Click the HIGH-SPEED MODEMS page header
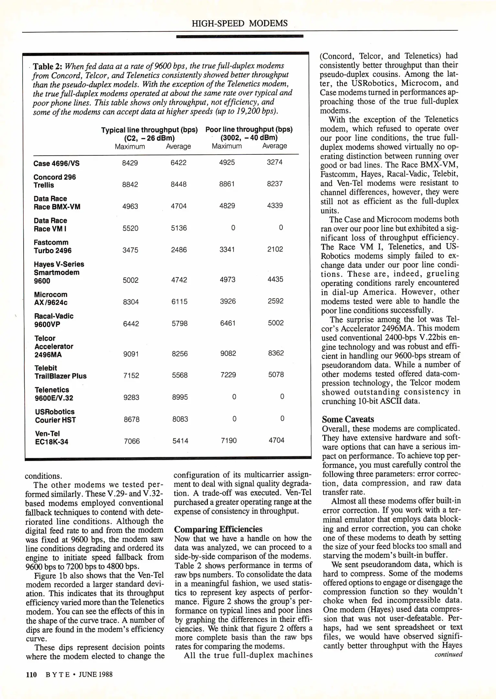(x=240, y=23)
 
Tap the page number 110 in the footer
(x=31, y=674)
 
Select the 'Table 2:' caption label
(x=48, y=66)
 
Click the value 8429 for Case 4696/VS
(x=130, y=163)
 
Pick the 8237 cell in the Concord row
(x=275, y=184)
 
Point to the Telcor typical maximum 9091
(x=131, y=354)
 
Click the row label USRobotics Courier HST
(x=55, y=416)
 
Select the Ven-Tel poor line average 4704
(x=276, y=440)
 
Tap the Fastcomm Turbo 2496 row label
(x=53, y=246)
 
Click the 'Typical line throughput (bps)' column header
(x=149, y=130)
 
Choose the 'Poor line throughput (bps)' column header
(x=249, y=130)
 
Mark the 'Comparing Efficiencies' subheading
(x=218, y=529)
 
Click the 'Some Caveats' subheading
(x=348, y=419)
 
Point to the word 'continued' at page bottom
(x=448, y=654)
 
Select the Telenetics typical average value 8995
(x=180, y=397)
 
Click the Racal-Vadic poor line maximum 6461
(x=228, y=323)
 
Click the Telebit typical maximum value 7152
(x=131, y=375)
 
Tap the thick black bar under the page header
(x=240, y=36)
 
